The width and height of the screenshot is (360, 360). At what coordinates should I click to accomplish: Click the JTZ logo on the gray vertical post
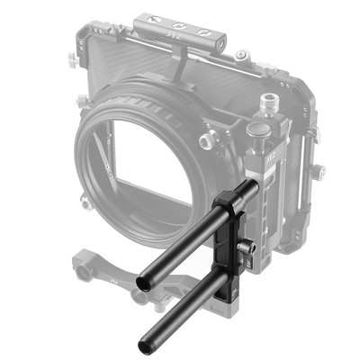(269, 166)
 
